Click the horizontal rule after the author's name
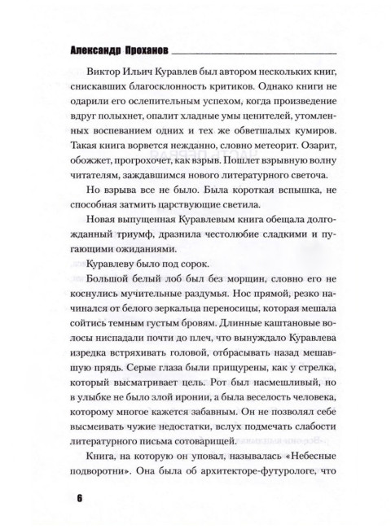point(261,50)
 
